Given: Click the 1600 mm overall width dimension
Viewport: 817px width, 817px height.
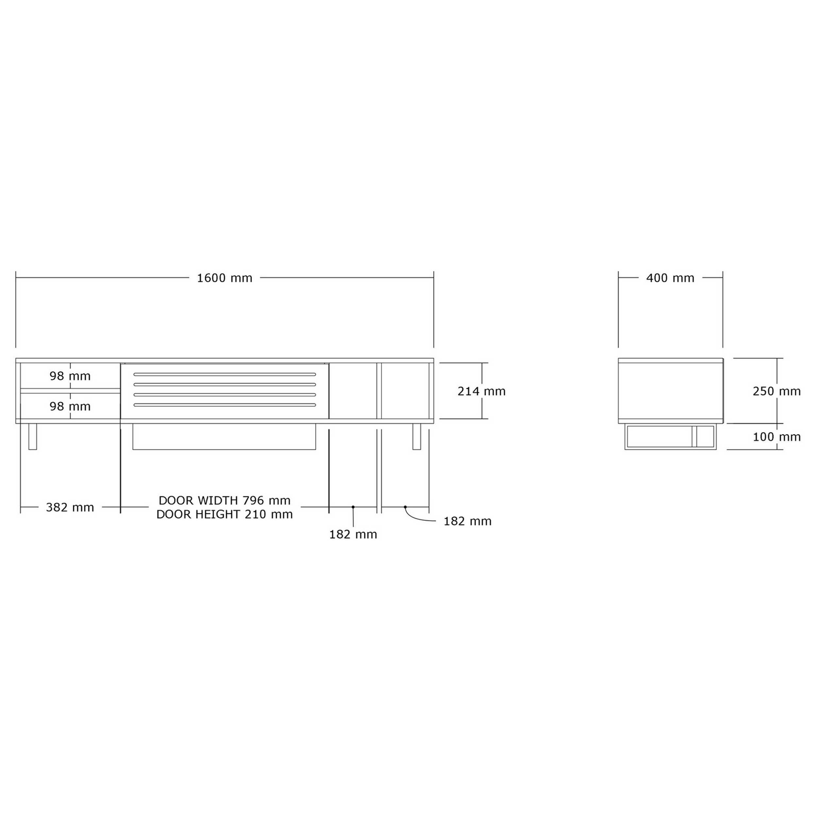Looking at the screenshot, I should click(225, 278).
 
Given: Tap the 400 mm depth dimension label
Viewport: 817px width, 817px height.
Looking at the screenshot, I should click(670, 278).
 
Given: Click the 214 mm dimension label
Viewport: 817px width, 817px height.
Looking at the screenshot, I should click(481, 391).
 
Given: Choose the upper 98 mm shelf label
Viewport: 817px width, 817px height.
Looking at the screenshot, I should click(70, 376).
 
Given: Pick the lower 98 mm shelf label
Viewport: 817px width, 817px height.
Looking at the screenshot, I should click(70, 407).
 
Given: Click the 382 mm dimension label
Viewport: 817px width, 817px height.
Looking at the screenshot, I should click(70, 508).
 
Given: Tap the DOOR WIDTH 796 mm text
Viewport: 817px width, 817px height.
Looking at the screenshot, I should click(225, 501).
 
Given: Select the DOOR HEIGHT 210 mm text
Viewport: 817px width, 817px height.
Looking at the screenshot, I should click(225, 514).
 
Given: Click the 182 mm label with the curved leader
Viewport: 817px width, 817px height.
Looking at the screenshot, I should click(467, 521).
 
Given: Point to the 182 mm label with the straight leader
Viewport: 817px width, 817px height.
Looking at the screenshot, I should click(353, 535).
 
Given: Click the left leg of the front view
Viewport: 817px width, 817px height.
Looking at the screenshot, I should click(33, 437).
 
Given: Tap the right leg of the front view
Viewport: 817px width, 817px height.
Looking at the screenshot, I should click(417, 437).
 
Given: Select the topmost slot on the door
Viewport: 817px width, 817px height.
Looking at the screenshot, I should click(225, 374).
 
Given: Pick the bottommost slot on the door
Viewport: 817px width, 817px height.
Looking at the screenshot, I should click(225, 405).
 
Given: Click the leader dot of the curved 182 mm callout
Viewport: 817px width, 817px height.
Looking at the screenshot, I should click(405, 507).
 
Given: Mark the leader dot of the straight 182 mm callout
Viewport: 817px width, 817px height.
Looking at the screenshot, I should click(353, 507).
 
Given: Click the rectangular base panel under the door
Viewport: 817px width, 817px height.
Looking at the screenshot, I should click(224, 437).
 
